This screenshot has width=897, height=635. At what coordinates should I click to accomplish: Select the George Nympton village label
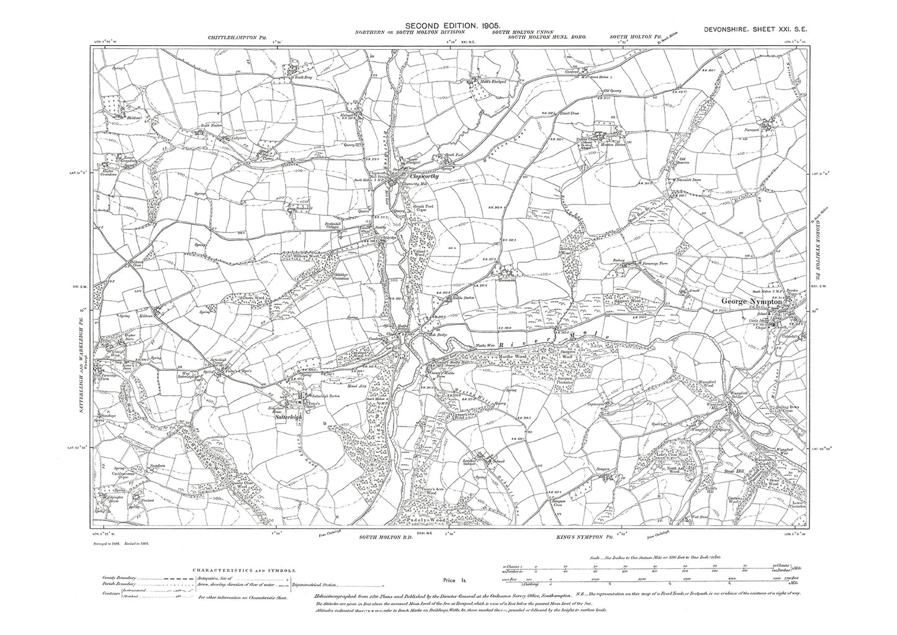pos(755,301)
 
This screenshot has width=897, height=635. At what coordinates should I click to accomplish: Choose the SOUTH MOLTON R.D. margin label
pos(381,535)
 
